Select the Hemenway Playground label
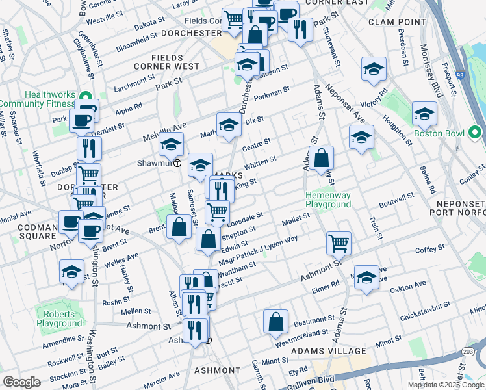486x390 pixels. (329, 199)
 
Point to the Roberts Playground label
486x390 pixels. (59, 318)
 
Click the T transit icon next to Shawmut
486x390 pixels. (177, 163)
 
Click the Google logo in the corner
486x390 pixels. (21, 382)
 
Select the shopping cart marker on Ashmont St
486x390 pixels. (339, 243)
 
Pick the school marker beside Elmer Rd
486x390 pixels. (367, 276)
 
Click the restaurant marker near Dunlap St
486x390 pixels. (89, 148)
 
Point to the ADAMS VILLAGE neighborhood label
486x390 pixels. (319, 351)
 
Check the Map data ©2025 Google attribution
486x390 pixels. (446, 385)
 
